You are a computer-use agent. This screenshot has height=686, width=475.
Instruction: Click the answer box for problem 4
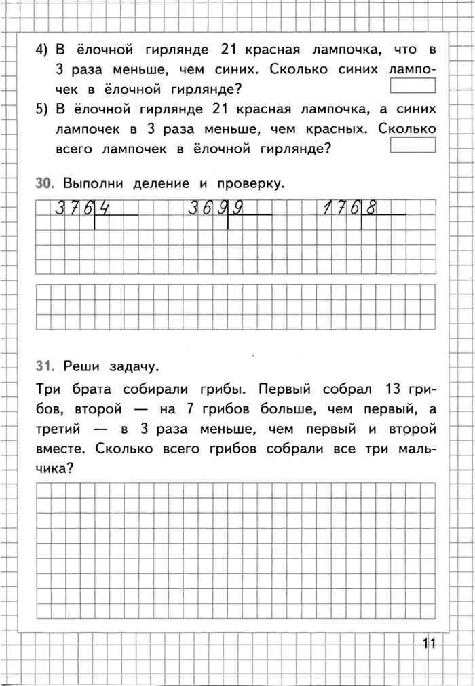413,85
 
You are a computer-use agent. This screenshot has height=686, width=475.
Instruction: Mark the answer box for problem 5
413,145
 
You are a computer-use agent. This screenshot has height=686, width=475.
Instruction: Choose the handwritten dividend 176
341,209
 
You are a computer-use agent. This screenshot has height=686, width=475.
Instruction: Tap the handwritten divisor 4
104,209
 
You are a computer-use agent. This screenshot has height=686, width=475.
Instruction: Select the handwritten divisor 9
238,209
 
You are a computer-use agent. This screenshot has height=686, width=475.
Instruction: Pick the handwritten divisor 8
371,209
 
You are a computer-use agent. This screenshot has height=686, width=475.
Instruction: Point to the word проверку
248,184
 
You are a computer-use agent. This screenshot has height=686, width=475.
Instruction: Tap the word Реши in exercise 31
77,366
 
